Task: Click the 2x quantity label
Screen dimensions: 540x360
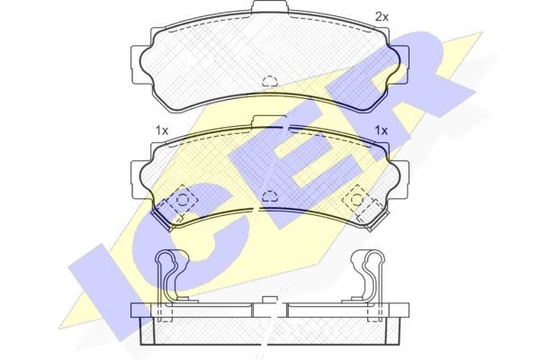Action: coord(382,16)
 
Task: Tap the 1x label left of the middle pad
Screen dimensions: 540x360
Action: coord(162,130)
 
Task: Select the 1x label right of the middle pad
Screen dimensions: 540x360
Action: coord(382,130)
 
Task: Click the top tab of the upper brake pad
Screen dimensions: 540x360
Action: coord(270,7)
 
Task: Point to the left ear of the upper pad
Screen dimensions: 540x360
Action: coord(137,65)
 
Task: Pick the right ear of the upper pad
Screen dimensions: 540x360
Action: coord(403,65)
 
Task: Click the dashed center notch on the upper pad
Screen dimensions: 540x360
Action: coord(270,81)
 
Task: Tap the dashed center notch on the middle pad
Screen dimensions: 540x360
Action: coord(270,195)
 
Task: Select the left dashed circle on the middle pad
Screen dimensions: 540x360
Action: coord(183,200)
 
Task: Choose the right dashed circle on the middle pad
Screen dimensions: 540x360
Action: coord(357,200)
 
